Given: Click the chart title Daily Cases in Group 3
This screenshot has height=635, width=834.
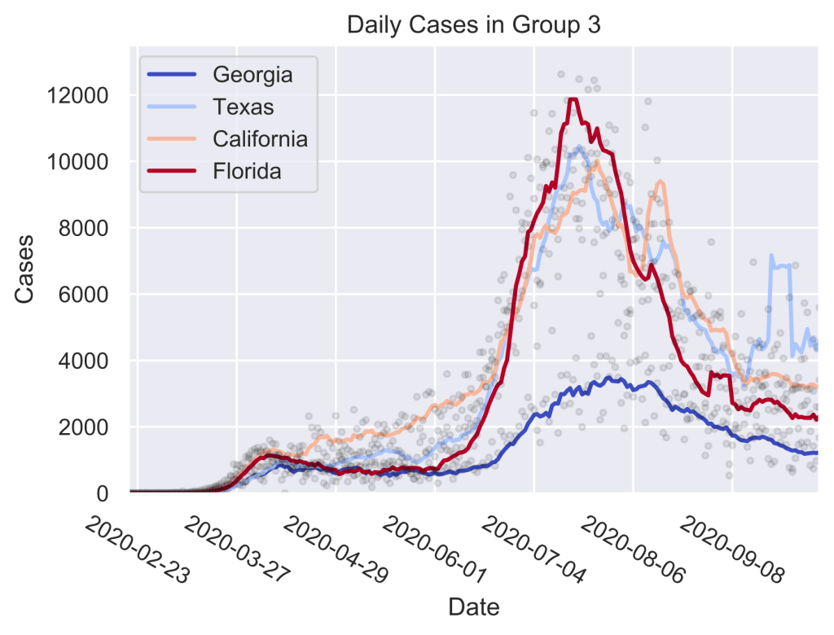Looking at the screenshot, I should (474, 25).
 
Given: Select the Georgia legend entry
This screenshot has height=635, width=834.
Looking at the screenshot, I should (252, 75).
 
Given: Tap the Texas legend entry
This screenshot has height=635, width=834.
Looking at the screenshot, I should (243, 107).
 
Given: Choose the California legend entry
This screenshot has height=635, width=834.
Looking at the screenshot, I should (260, 139).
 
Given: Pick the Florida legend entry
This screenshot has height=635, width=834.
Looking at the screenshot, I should (247, 172).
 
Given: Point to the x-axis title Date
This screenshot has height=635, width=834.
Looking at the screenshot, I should (474, 607).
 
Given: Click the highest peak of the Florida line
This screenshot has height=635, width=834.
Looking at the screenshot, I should (573, 100).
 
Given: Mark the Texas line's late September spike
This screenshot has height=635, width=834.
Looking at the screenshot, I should (772, 256).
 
